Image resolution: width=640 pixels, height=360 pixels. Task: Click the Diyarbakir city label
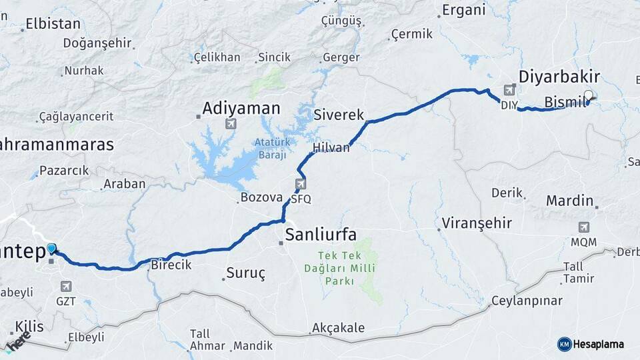559,75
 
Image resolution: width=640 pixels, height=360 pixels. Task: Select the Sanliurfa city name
320,234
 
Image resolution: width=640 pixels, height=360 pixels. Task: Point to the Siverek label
339,115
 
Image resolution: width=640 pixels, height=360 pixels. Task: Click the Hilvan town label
331,148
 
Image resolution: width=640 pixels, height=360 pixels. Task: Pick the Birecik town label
171,265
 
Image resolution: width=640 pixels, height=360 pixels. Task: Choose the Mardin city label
569,200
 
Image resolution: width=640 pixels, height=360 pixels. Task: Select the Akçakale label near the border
338,328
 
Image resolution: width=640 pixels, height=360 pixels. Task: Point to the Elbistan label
53,24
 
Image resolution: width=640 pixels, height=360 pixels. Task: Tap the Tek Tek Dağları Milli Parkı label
340,268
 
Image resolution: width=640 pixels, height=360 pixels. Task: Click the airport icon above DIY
510,90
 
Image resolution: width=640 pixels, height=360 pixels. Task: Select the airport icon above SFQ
301,183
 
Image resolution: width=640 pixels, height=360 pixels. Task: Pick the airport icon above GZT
66,286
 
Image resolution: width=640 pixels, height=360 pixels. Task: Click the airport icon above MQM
584,227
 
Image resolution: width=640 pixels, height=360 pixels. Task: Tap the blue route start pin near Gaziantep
52,249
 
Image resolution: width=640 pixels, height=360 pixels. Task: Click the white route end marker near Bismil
589,95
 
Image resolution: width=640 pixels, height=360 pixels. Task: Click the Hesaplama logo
591,344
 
